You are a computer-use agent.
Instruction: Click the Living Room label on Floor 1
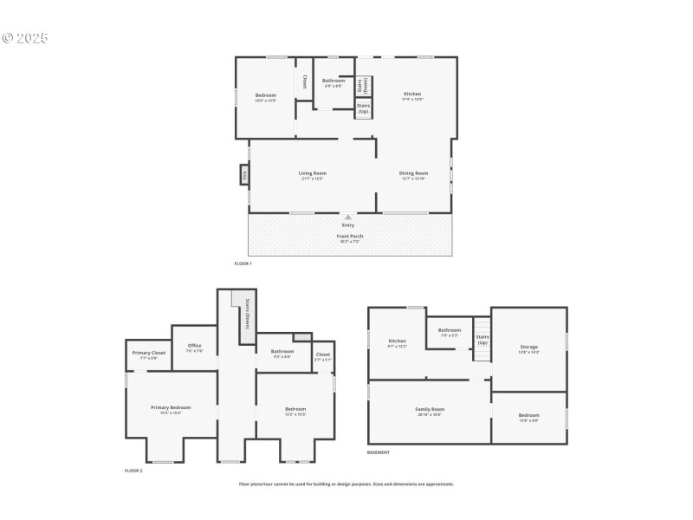pos(312,173)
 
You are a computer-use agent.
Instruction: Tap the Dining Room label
pos(413,173)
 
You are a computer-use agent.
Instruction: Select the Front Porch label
pos(350,236)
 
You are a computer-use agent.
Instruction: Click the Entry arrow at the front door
pos(348,218)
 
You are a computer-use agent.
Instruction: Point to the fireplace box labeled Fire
pos(245,174)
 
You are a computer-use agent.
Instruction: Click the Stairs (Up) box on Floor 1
pos(363,108)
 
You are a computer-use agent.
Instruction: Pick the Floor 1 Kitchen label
pos(412,94)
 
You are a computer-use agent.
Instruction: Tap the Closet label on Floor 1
pos(305,81)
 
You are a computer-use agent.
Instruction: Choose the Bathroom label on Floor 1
pos(334,81)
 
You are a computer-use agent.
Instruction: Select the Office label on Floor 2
pos(195,346)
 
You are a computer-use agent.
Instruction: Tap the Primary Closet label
pos(149,353)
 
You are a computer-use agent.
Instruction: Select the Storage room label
pos(528,347)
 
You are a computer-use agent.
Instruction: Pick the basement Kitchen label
pos(398,341)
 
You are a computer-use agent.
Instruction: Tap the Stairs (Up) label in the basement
pos(483,339)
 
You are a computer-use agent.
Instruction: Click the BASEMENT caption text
pos(379,452)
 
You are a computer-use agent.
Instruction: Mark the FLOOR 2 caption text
pos(133,471)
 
